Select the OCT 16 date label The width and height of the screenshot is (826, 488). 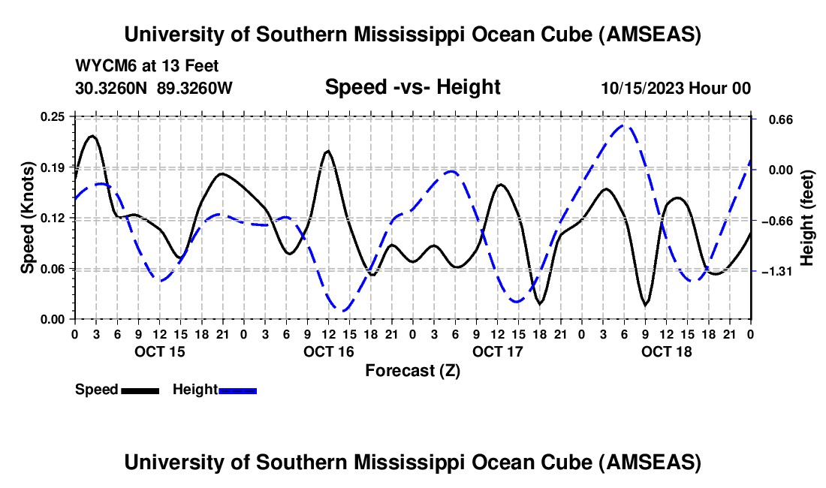click(x=328, y=351)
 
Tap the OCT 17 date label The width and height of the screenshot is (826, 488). click(x=497, y=351)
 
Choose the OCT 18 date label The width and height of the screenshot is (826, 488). click(x=666, y=351)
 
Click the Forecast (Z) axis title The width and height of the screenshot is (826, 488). click(x=412, y=370)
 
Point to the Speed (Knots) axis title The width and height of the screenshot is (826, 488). click(x=28, y=218)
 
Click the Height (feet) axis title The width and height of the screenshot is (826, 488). click(x=808, y=218)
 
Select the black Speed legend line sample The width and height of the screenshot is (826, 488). click(x=140, y=390)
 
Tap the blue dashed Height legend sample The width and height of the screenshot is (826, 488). click(x=238, y=390)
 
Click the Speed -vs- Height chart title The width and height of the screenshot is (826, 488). click(x=412, y=88)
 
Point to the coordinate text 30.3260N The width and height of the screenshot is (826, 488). click(x=112, y=89)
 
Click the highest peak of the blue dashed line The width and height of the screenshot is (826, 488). click(x=625, y=125)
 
